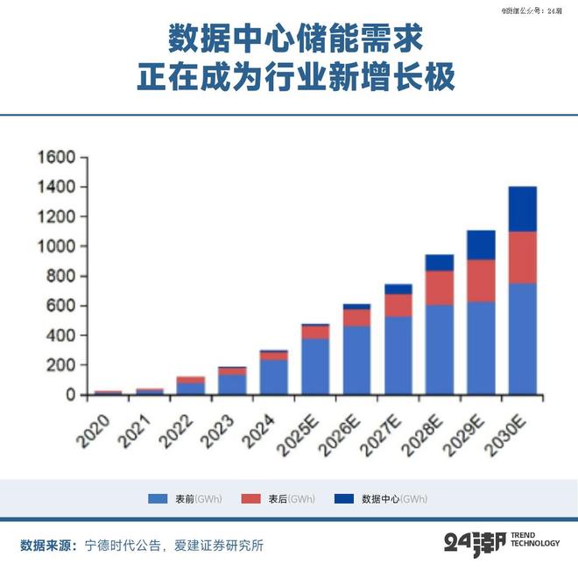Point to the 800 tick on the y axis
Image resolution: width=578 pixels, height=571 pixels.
(61, 277)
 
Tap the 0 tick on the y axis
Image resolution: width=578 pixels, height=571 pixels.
(72, 395)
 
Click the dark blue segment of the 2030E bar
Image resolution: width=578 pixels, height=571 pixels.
(522, 208)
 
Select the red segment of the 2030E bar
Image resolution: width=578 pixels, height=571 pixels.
(522, 257)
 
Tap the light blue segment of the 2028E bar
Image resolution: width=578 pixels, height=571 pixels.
(439, 349)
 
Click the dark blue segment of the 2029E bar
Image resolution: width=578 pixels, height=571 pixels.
(481, 245)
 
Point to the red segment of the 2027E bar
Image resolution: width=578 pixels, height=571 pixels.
(398, 305)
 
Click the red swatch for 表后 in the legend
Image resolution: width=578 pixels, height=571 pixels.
(252, 499)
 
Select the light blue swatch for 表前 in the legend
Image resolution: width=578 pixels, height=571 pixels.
(158, 499)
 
